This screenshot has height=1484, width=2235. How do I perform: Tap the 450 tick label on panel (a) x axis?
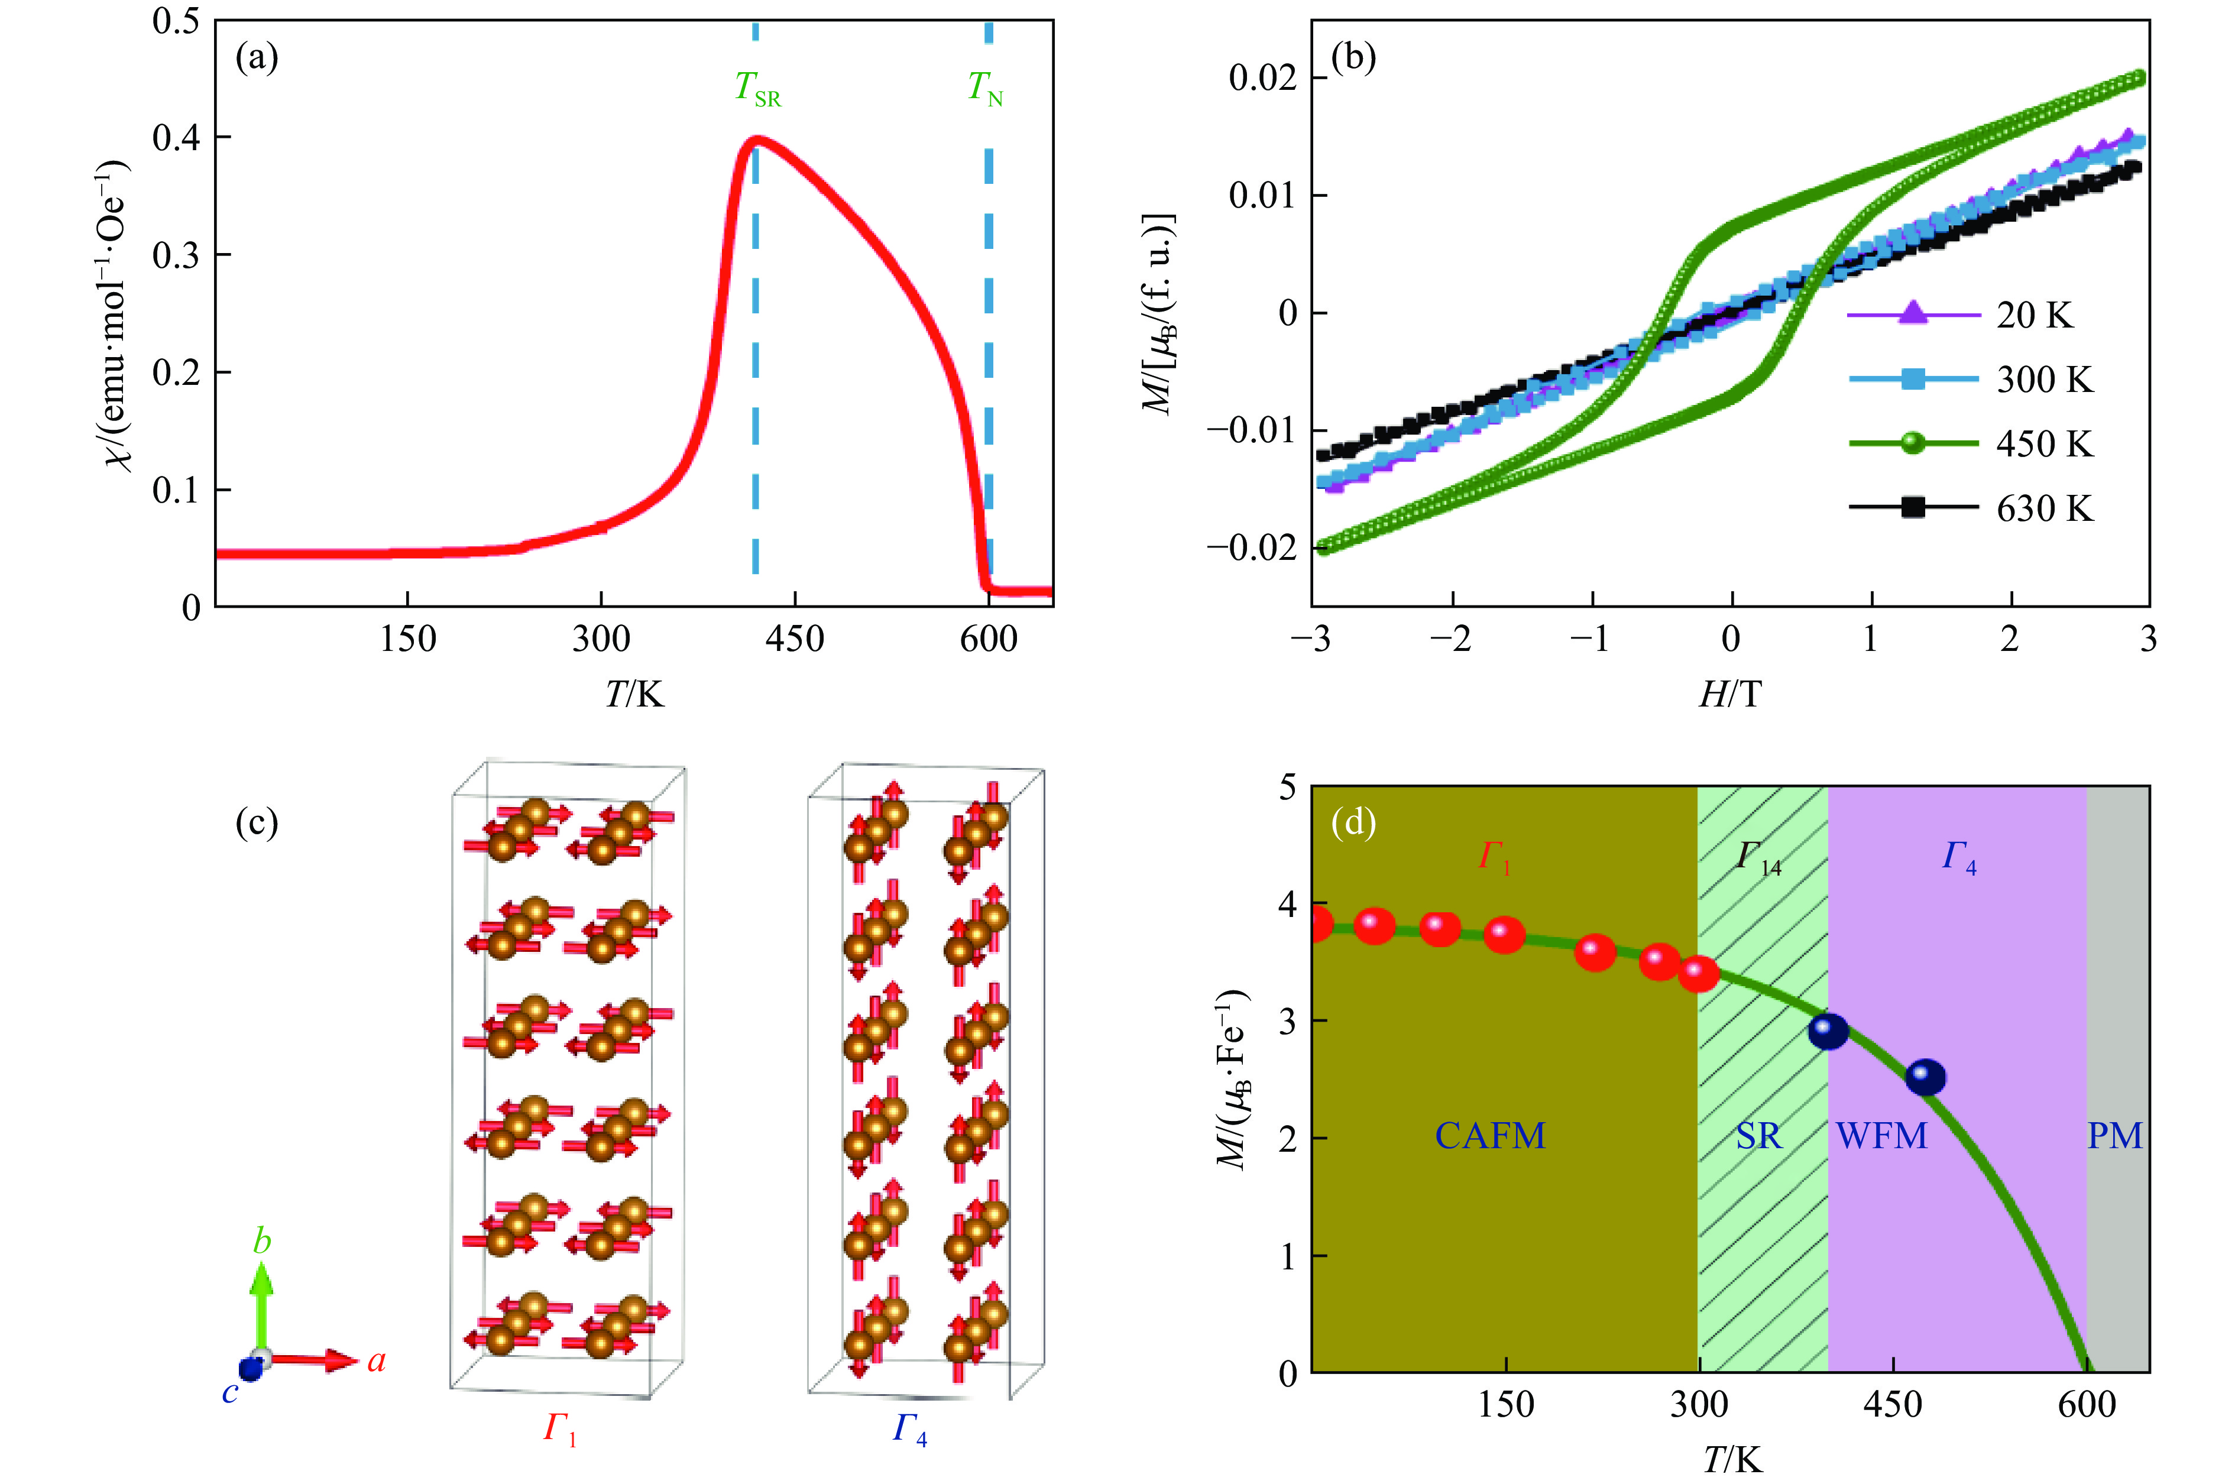point(795,640)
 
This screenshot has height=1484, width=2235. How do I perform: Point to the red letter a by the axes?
point(377,1361)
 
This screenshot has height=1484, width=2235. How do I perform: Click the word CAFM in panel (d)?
point(1491,1136)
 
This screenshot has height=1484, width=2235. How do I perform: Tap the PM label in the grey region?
point(2115,1136)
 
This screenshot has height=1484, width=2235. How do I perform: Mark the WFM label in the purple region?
point(1881,1136)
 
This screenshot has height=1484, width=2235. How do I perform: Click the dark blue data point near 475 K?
point(1925,1077)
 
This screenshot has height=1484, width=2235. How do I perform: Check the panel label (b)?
point(1353,59)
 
